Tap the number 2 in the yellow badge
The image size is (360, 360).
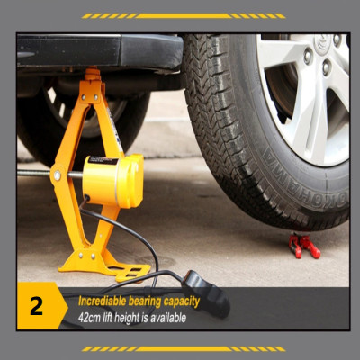(37, 305)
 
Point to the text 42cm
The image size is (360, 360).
(88, 317)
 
